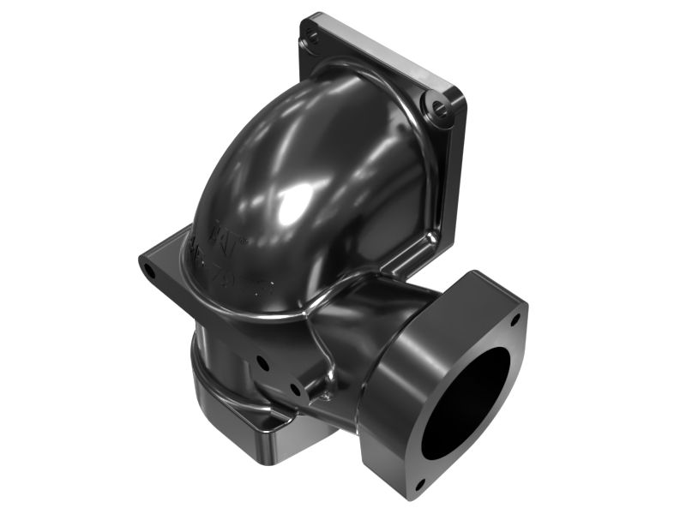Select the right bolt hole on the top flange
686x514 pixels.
[x=439, y=107]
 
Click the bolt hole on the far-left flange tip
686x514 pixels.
[x=151, y=272]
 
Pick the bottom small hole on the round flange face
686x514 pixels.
[x=419, y=485]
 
